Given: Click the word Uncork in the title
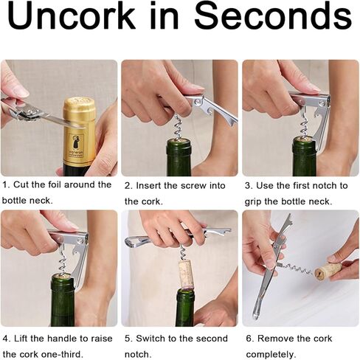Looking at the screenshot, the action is click(x=72, y=16).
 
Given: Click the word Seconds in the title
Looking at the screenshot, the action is click(x=274, y=16).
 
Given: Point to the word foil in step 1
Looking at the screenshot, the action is click(x=54, y=184).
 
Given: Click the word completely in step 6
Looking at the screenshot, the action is click(x=270, y=355).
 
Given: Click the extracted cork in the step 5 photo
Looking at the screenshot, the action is click(x=186, y=275).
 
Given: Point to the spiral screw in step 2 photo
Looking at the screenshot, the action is click(x=179, y=127).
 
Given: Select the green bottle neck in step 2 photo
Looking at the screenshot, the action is click(x=179, y=157).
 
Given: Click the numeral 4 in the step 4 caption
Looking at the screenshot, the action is click(x=5, y=339).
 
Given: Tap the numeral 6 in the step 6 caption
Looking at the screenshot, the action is click(x=249, y=339).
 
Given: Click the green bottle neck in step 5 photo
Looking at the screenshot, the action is click(x=185, y=308).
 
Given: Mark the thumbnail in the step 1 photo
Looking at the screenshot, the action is click(x=20, y=93).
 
